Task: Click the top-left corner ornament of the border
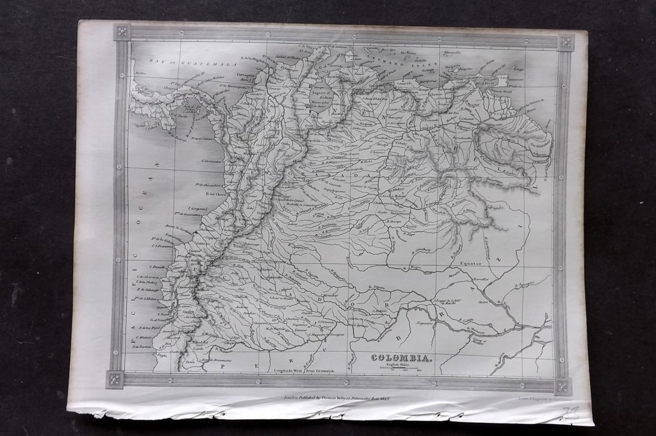pyautogui.click(x=122, y=31)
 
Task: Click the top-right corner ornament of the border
pyautogui.click(x=566, y=42)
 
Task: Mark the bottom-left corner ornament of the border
pyautogui.click(x=114, y=379)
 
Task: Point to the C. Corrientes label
pyautogui.click(x=212, y=161)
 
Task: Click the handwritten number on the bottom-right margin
pyautogui.click(x=570, y=410)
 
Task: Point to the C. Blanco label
pyautogui.click(x=143, y=338)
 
